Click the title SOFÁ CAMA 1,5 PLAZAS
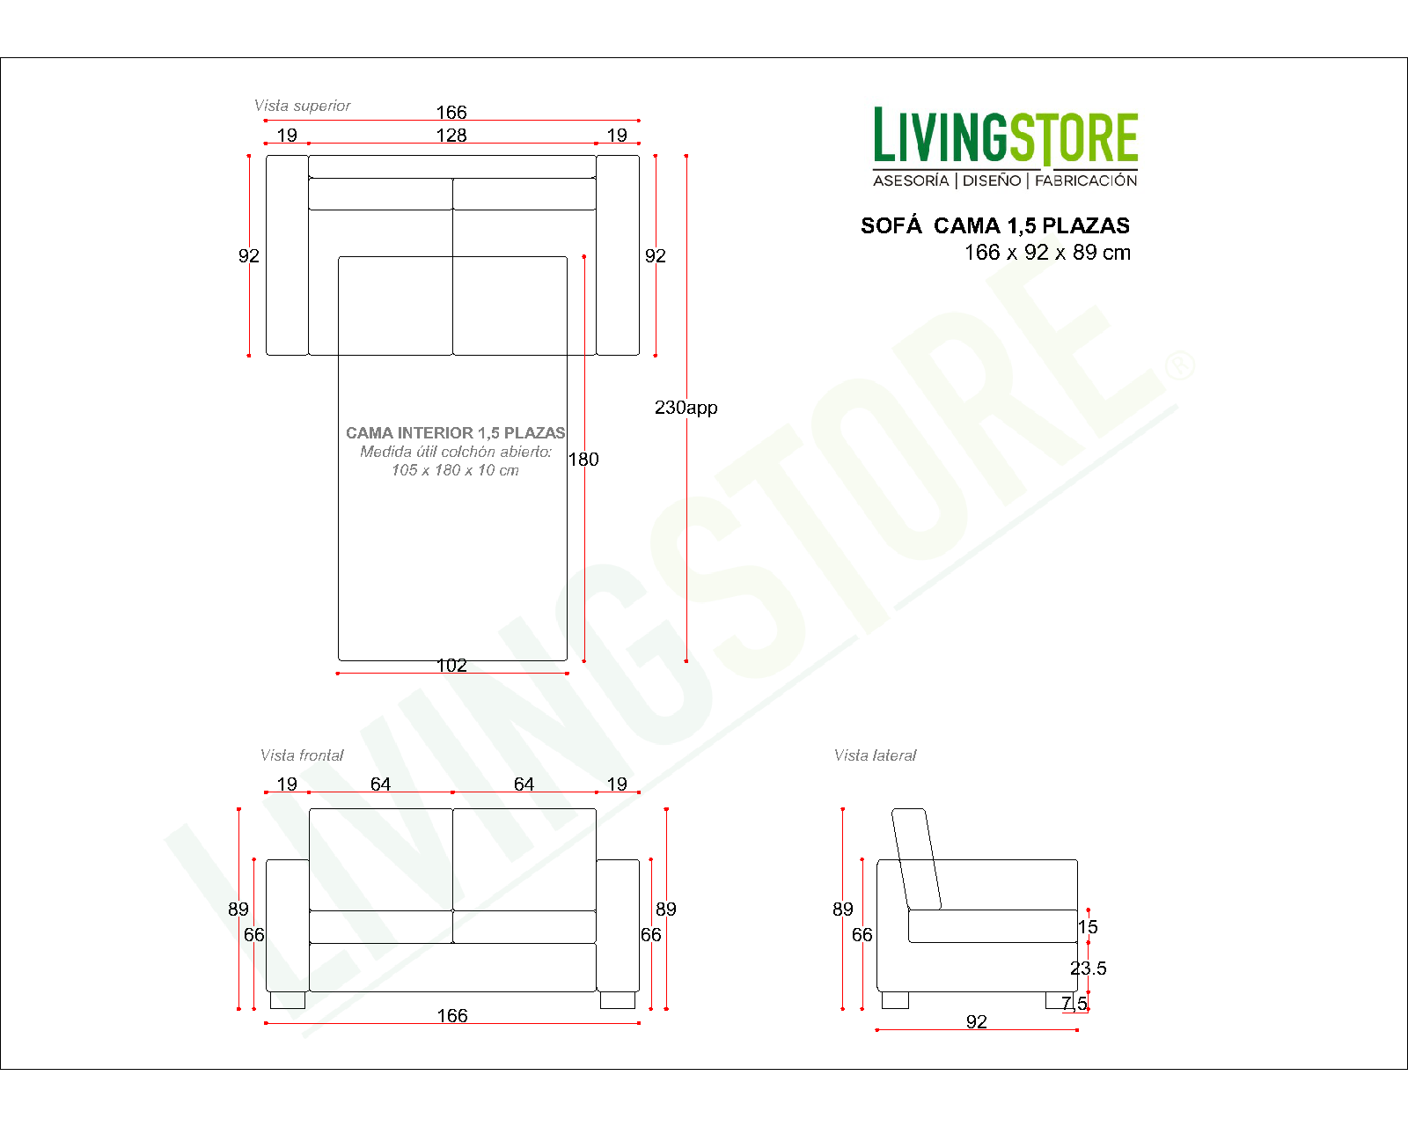coord(994,226)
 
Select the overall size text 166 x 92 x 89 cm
coord(1047,253)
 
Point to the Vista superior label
coord(302,106)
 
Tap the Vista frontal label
coord(302,755)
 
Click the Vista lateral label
coord(875,755)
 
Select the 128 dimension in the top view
coord(451,135)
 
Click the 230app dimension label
coord(686,408)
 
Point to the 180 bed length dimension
coord(583,460)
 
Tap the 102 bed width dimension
coord(451,666)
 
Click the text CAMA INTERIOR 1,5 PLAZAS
coord(455,433)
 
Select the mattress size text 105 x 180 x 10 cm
coord(455,470)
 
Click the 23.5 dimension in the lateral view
coord(1089,969)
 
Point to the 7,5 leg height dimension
coord(1074,1004)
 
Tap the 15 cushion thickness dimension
coord(1089,927)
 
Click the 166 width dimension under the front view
coord(452,1016)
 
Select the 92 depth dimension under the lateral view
coord(977,1022)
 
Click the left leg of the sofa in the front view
coord(288,1000)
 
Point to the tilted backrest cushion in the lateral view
coord(916,858)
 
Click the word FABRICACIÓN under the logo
coord(1086,180)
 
